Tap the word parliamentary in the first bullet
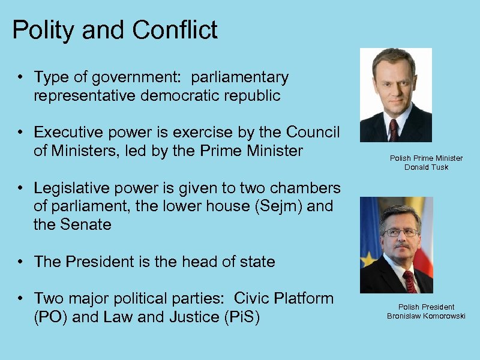click(x=240, y=77)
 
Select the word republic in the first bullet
click(x=251, y=96)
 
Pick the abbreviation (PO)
click(x=51, y=317)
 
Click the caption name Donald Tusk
click(x=426, y=167)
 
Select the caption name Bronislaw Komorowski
click(x=426, y=316)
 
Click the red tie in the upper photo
click(x=394, y=128)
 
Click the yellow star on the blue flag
click(x=366, y=259)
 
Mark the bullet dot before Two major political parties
click(x=20, y=298)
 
